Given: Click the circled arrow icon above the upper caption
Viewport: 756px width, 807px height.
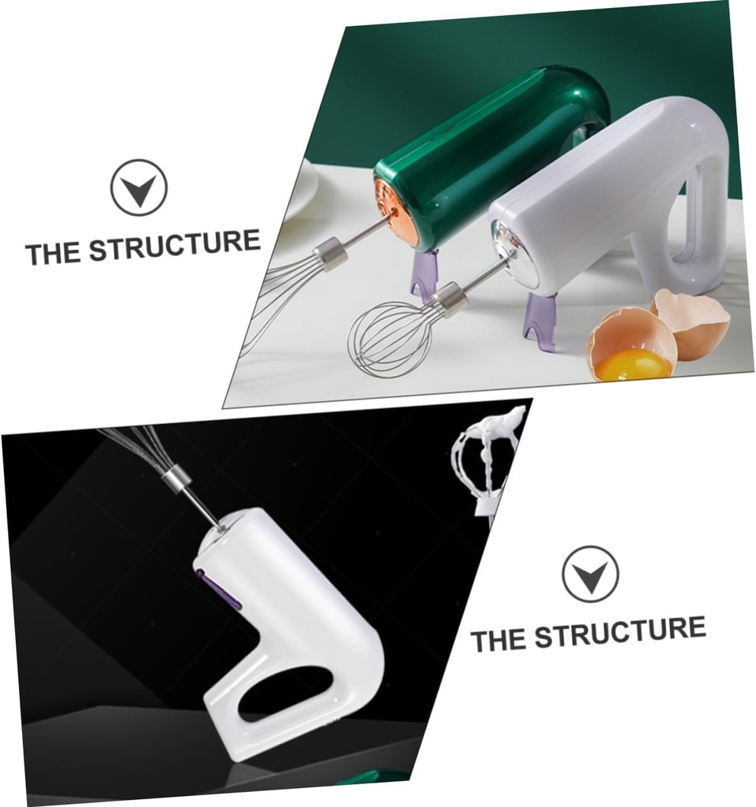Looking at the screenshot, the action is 139,188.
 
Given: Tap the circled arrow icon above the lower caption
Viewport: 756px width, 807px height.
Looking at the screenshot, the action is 591,574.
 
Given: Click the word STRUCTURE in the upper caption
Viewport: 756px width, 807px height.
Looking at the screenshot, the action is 175,246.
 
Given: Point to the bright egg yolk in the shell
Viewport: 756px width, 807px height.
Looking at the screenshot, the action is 634,364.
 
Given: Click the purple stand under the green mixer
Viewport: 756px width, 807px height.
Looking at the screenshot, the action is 424,272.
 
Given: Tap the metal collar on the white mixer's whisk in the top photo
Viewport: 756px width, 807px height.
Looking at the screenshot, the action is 448,297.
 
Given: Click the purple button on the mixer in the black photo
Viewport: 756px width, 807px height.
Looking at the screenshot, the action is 220,587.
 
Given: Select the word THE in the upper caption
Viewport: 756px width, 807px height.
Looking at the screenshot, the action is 54,254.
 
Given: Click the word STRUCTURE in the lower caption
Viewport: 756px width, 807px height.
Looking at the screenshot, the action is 621,632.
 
